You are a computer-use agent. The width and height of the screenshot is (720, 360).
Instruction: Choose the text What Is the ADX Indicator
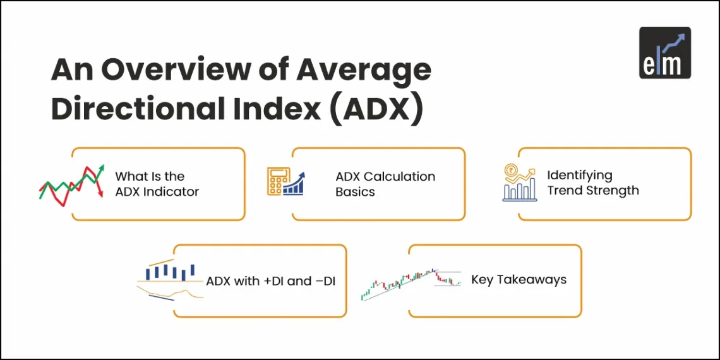pyautogui.click(x=157, y=184)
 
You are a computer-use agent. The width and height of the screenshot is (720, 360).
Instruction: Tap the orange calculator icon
pyautogui.click(x=273, y=182)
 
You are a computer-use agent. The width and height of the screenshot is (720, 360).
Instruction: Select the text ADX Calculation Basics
pyautogui.click(x=385, y=184)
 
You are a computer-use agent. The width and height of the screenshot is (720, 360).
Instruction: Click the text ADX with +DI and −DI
pyautogui.click(x=270, y=281)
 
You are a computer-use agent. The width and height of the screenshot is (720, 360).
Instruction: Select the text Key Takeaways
pyautogui.click(x=519, y=279)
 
